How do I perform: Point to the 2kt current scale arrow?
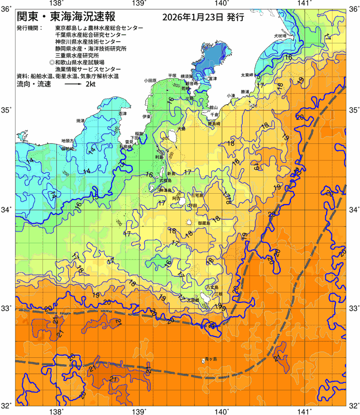click(x=73, y=85)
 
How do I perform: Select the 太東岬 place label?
click(x=247, y=75)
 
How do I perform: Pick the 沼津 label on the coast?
click(x=122, y=113)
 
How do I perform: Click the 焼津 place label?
click(x=80, y=120)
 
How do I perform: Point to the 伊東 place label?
click(x=146, y=117)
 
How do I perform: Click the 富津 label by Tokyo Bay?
click(x=212, y=79)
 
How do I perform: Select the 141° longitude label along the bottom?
click(x=304, y=408)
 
